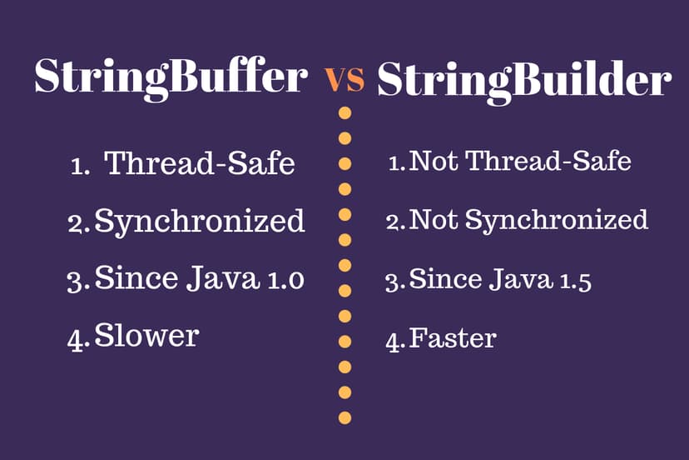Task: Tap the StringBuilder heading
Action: coord(524,81)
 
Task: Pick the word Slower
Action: coord(147,336)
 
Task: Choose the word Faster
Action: coord(453,338)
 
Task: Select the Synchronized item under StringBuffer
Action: coord(200,222)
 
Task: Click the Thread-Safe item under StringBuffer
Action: coord(200,163)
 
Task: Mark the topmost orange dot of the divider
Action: coord(344,112)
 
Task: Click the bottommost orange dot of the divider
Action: coord(344,417)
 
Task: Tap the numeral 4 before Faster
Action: coord(394,340)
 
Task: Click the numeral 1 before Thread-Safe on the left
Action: coord(77,166)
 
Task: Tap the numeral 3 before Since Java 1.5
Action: coord(393,282)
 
